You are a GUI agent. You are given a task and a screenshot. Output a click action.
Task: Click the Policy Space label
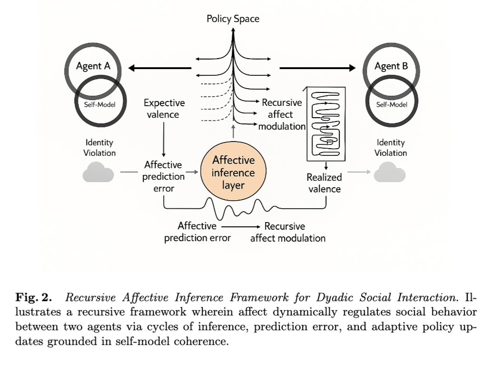pyautogui.click(x=233, y=19)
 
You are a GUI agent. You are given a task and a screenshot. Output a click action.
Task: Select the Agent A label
pyautogui.click(x=93, y=66)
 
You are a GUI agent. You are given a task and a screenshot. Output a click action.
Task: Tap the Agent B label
pyautogui.click(x=392, y=66)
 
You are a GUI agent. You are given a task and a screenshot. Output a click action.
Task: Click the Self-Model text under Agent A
pyautogui.click(x=99, y=105)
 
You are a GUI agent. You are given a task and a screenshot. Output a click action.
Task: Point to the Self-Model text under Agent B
pyautogui.click(x=392, y=105)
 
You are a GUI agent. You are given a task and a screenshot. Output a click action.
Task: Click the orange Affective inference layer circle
pyautogui.click(x=233, y=171)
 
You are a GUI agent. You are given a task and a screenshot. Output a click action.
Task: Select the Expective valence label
pyautogui.click(x=164, y=109)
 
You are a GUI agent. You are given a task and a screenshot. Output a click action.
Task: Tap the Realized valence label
pyautogui.click(x=324, y=183)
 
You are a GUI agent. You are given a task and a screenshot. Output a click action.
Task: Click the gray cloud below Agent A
pyautogui.click(x=98, y=172)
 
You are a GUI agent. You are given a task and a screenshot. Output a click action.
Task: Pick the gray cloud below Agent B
pyautogui.click(x=390, y=172)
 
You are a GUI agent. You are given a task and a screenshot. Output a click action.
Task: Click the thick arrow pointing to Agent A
pyautogui.click(x=160, y=68)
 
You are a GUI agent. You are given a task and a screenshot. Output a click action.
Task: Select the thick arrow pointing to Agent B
pyautogui.click(x=317, y=68)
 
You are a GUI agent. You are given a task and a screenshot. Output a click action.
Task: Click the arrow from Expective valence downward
pyautogui.click(x=164, y=140)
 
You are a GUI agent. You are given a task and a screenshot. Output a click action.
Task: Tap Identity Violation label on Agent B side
pyautogui.click(x=391, y=148)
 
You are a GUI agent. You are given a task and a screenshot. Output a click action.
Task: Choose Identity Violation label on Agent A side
pyautogui.click(x=99, y=148)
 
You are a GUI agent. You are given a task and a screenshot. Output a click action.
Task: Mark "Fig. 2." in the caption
pyautogui.click(x=33, y=297)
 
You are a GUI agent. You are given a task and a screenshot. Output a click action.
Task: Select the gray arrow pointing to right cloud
pyautogui.click(x=359, y=172)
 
